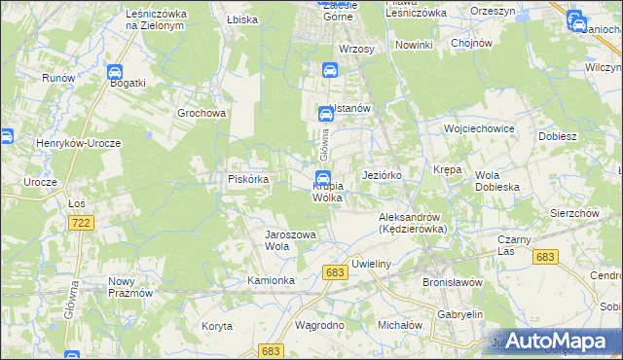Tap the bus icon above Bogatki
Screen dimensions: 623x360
point(114,71)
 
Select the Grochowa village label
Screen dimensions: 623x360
point(202,112)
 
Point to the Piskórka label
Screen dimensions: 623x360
point(248,179)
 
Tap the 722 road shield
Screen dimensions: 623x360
point(82,224)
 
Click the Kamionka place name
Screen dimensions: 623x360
point(271,280)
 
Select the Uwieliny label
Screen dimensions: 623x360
point(372,264)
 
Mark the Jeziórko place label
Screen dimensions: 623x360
point(382,175)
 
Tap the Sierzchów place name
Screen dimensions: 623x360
point(572,212)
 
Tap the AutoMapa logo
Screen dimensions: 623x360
point(554,341)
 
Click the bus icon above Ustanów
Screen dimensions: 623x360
point(329,70)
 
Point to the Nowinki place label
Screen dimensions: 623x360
point(414,46)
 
